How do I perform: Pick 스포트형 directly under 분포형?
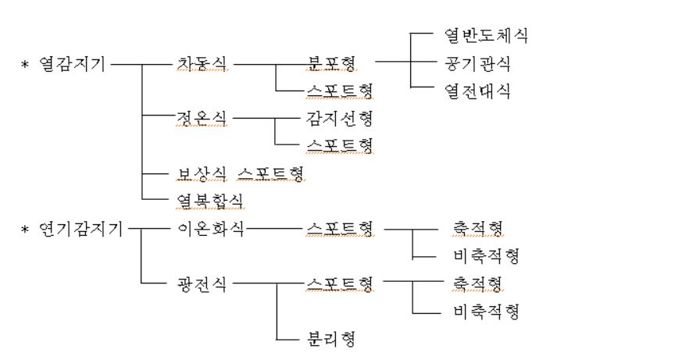pos(340,91)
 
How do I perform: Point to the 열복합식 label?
pos(210,201)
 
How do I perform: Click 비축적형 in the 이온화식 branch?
pos(485,256)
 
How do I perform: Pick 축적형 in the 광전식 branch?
pos(477,283)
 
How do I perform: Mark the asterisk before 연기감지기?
pos(24,229)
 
